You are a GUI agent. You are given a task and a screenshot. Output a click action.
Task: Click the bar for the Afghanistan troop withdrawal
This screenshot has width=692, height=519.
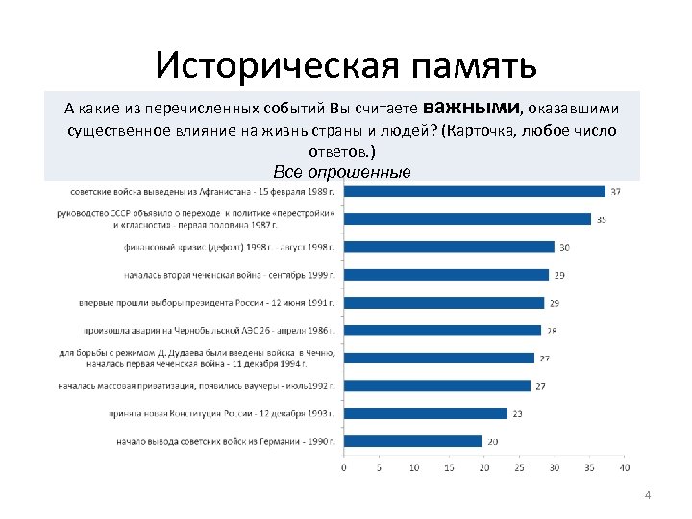coord(475,191)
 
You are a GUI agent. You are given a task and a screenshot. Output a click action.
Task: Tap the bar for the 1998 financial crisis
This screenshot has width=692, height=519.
coord(450,247)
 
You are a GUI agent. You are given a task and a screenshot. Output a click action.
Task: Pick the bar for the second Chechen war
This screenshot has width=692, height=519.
coord(447,275)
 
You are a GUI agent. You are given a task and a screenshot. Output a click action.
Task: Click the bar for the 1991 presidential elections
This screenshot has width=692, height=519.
coord(444,303)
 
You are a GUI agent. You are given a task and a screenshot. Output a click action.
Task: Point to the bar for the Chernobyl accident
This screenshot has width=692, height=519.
coord(443,331)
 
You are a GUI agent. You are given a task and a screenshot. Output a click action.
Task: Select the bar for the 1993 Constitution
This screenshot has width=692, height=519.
coord(426,413)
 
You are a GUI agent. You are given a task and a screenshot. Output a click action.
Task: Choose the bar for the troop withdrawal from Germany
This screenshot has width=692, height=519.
coord(413,441)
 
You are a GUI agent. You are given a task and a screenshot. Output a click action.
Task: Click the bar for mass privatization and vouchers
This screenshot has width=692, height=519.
coord(437,385)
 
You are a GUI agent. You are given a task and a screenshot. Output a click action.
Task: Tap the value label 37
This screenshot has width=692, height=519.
coord(615,191)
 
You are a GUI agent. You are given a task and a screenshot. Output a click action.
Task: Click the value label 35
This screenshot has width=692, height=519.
coord(601,219)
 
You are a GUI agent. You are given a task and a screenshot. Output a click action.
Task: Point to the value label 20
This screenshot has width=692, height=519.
coord(492,441)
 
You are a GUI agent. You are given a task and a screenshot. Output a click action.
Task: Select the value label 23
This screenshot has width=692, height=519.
coord(517,413)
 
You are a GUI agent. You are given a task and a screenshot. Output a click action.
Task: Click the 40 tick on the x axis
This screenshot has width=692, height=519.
coord(624,468)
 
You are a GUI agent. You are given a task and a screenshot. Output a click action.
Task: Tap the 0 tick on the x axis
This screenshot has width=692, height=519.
coord(344,468)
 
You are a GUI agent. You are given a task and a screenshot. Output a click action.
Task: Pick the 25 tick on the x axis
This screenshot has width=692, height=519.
coord(519,468)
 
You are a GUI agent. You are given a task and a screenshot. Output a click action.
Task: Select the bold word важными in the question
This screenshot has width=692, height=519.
coord(470,105)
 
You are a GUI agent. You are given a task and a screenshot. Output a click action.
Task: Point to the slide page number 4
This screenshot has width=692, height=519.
coord(647,495)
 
